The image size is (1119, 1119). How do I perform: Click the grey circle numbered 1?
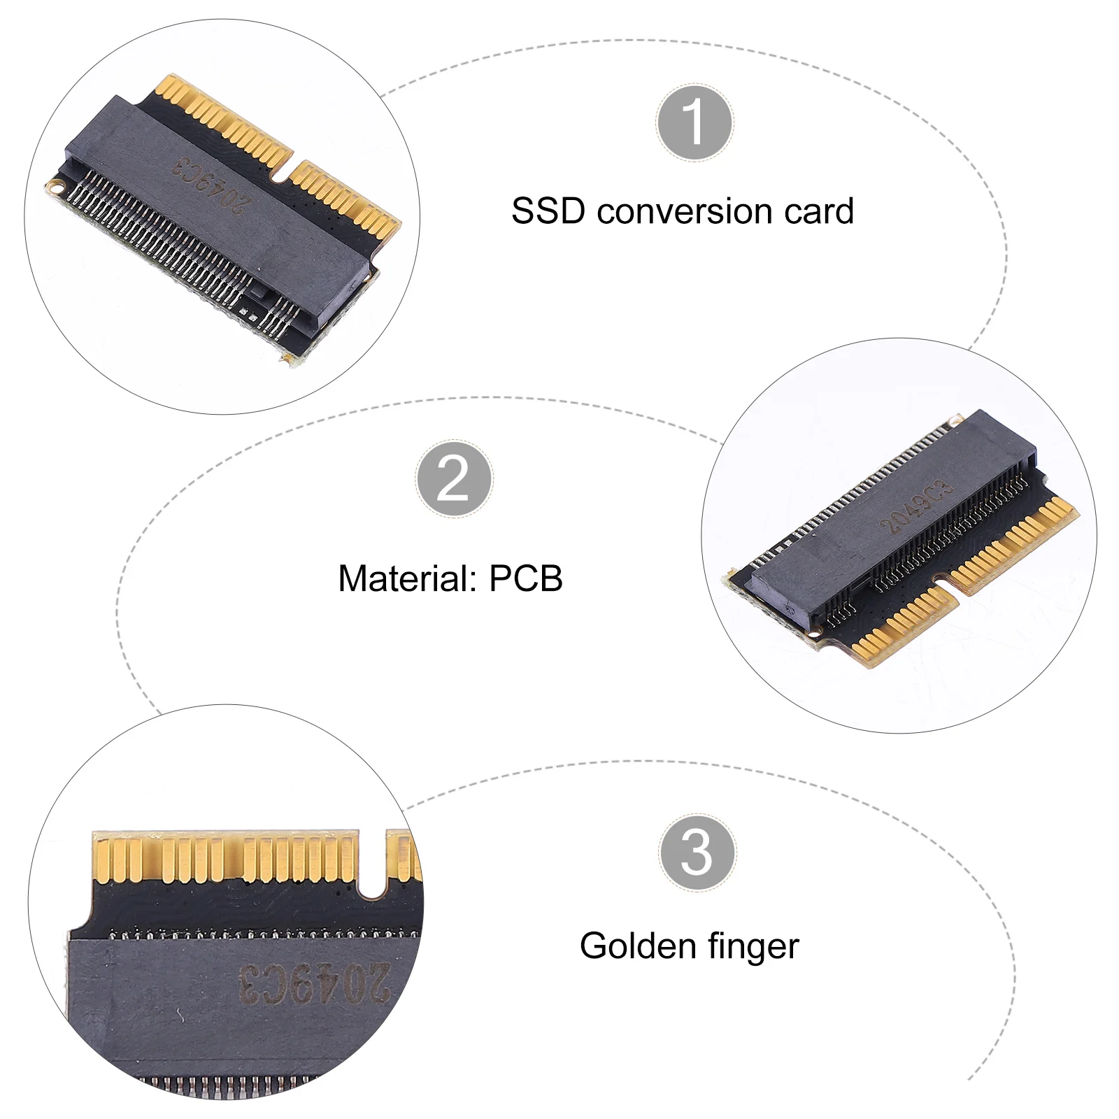(694, 122)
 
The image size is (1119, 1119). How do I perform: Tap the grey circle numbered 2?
(454, 479)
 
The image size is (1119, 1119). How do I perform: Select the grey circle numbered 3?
(697, 852)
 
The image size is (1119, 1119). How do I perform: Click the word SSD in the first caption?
(548, 211)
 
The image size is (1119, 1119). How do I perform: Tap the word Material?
(406, 579)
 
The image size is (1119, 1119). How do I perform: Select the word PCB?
(526, 579)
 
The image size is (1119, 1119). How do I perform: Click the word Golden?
(637, 946)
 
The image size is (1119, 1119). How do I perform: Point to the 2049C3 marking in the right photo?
(916, 508)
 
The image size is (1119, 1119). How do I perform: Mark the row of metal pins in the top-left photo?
(161, 238)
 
